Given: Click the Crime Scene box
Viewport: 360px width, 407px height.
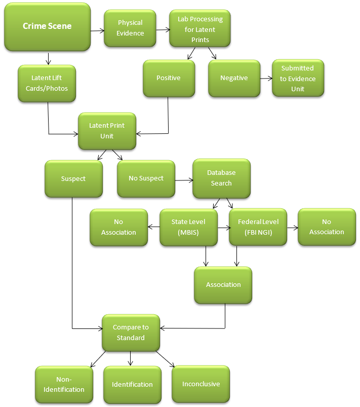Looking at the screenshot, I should [47, 26].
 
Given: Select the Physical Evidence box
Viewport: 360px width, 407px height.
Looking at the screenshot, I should [130, 28].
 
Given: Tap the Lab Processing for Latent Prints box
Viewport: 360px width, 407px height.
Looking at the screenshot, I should [200, 29].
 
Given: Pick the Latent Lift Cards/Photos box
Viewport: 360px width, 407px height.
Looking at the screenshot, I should [47, 83].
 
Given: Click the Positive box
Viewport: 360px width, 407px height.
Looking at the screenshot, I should [169, 78].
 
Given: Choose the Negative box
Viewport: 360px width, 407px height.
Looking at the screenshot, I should [234, 78].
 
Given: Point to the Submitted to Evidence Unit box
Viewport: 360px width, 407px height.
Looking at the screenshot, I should [297, 79].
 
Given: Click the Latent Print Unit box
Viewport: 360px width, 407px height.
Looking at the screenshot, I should [107, 131].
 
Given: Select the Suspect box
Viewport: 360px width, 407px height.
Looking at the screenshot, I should [73, 178].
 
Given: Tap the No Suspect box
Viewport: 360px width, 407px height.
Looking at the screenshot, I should [146, 178].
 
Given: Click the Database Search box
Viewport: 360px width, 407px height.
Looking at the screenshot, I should [221, 178].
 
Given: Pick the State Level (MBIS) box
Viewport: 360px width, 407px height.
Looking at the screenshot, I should [188, 227].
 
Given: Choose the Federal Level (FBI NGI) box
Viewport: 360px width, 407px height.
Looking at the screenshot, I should [258, 227].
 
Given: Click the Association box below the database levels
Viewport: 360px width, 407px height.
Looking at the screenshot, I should [223, 285].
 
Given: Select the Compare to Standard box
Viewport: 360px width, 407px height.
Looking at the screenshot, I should [131, 332].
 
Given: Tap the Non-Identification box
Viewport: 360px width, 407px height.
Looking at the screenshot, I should [64, 384].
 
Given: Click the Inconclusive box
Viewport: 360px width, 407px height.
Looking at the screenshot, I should [201, 384].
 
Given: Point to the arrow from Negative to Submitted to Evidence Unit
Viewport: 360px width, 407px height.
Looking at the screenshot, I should [266, 79].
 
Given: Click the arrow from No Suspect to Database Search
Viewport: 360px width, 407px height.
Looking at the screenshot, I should [183, 179].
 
